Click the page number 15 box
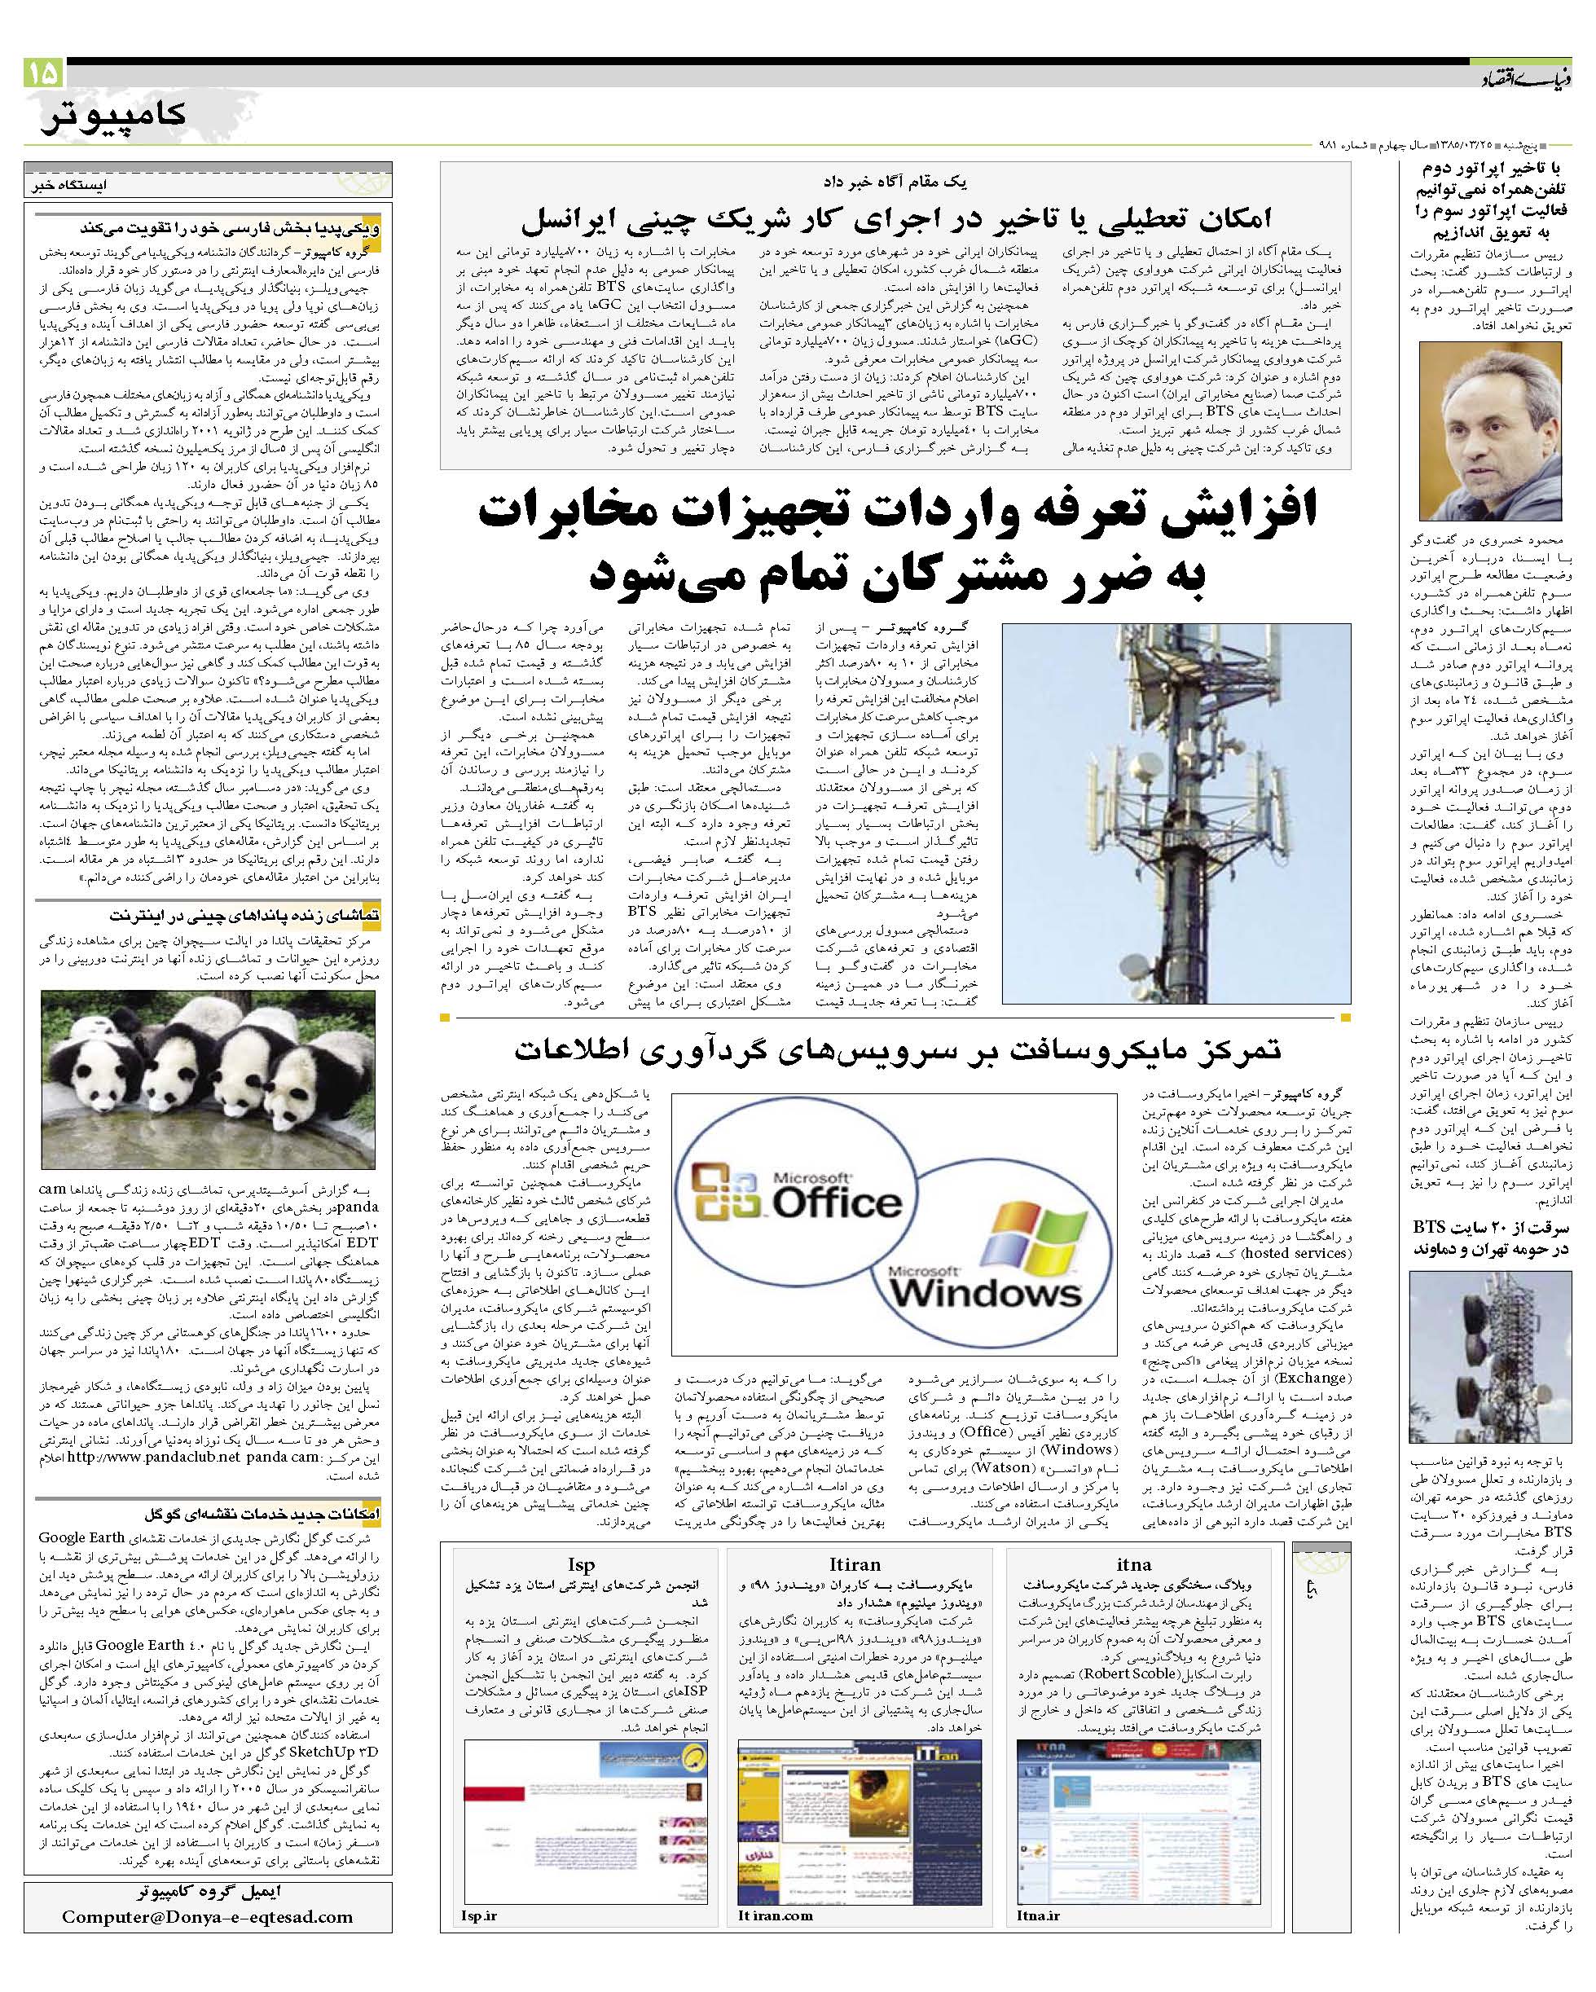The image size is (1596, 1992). tap(42, 72)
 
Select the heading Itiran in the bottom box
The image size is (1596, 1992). tap(855, 1563)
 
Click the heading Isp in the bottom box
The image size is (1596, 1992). tap(580, 1563)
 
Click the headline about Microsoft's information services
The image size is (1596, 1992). tap(896, 1049)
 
